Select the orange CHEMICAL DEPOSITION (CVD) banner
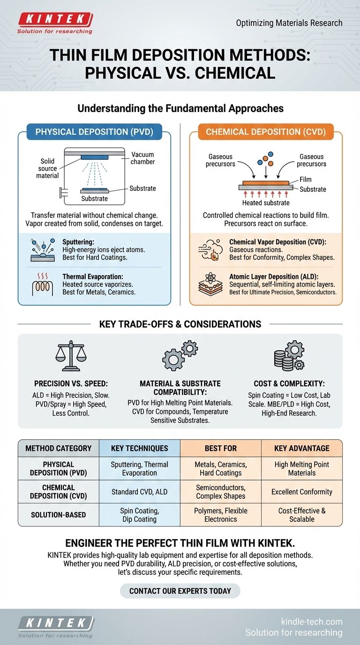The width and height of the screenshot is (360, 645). pyautogui.click(x=266, y=132)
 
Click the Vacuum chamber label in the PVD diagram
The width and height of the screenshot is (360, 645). pyautogui.click(x=142, y=158)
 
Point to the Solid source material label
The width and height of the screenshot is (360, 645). pyautogui.click(x=47, y=168)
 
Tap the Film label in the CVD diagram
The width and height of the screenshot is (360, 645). pyautogui.click(x=306, y=179)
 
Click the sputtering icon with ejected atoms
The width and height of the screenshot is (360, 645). pyautogui.click(x=42, y=249)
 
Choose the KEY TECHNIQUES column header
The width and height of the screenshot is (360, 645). pyautogui.click(x=139, y=448)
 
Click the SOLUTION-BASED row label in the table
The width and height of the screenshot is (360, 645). pyautogui.click(x=59, y=515)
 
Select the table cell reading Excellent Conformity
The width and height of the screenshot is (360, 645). pyautogui.click(x=301, y=492)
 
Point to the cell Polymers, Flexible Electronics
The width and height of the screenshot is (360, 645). pyautogui.click(x=220, y=515)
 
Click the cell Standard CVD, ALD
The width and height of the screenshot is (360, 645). pyautogui.click(x=139, y=492)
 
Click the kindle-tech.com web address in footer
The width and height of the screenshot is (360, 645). pyautogui.click(x=311, y=622)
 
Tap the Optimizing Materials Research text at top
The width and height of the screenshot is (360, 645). pyautogui.click(x=289, y=22)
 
